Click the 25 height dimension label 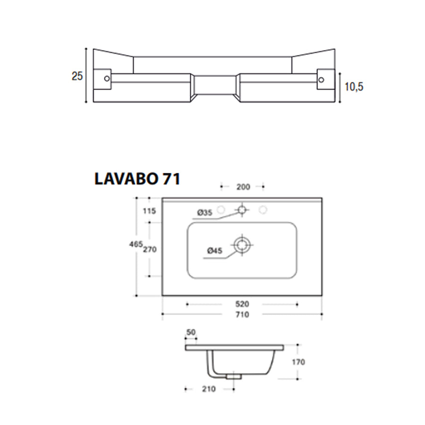pyautogui.click(x=77, y=76)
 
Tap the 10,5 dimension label pyautogui.click(x=354, y=86)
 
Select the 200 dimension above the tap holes pyautogui.click(x=243, y=187)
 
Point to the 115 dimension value pyautogui.click(x=149, y=211)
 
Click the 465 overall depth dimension pyautogui.click(x=136, y=244)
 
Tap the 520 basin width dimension pyautogui.click(x=242, y=304)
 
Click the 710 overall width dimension pyautogui.click(x=242, y=314)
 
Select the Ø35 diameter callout pyautogui.click(x=204, y=213)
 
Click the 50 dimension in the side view pyautogui.click(x=191, y=332)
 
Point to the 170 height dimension pyautogui.click(x=298, y=362)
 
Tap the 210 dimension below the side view pyautogui.click(x=208, y=389)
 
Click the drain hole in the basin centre pyautogui.click(x=242, y=245)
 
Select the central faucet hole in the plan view pyautogui.click(x=242, y=209)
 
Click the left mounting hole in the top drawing pyautogui.click(x=107, y=78)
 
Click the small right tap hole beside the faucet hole pyautogui.click(x=263, y=209)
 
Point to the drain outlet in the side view pyautogui.click(x=233, y=376)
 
